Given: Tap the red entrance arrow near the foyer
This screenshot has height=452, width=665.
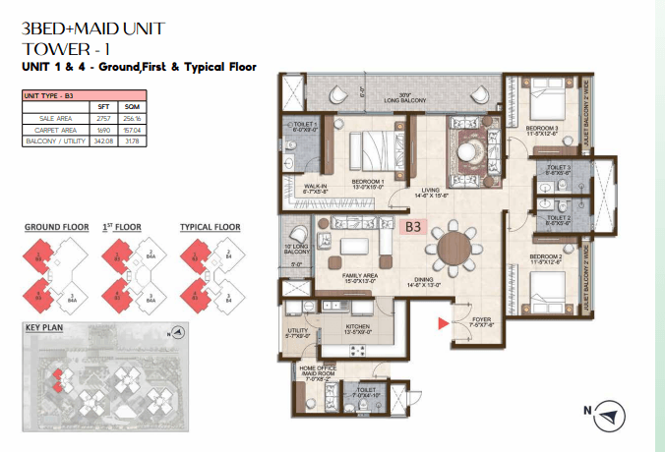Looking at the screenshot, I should coord(442,321).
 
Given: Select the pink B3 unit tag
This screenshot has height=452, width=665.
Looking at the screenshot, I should coord(414,227).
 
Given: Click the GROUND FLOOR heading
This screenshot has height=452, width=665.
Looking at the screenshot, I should coord(54,226).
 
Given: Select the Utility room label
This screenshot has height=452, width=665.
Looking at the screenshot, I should coord(297,331).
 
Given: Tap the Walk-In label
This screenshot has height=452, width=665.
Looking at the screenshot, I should coord(316,183).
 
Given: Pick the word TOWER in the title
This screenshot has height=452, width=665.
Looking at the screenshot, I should coord(52,48).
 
